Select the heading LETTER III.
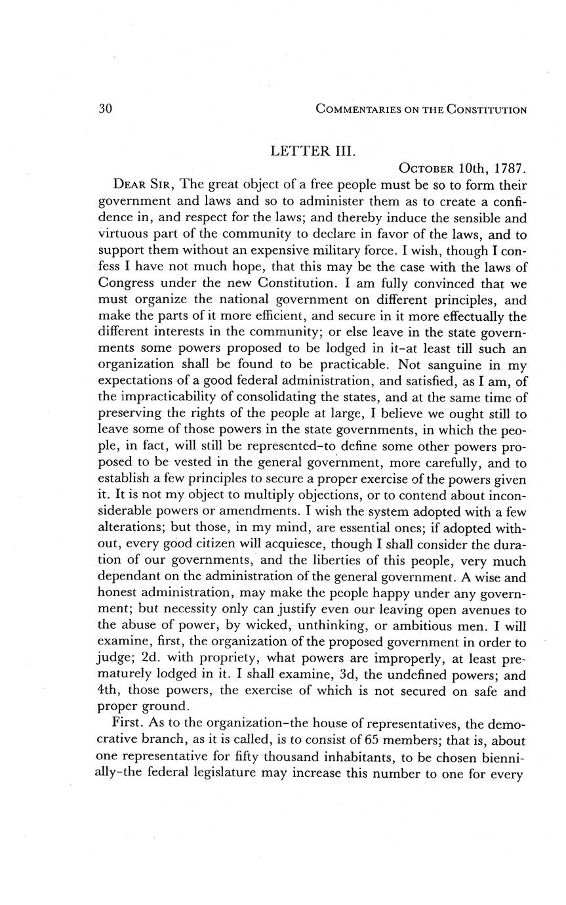tap(313, 151)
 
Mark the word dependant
tap(128, 577)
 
